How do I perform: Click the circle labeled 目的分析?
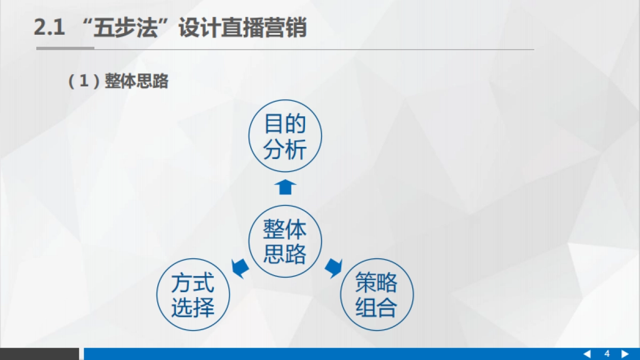(285, 137)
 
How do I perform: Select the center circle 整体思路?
(285, 241)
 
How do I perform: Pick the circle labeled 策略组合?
(377, 295)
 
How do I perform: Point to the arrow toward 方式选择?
(239, 267)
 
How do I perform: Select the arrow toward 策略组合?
(333, 267)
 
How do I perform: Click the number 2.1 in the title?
(50, 28)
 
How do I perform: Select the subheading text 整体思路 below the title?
(137, 82)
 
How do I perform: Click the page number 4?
(607, 354)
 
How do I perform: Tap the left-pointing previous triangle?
(587, 354)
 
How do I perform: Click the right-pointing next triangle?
(626, 354)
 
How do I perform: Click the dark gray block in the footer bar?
(39, 354)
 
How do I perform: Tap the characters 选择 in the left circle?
(193, 308)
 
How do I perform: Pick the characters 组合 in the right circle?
(377, 308)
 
